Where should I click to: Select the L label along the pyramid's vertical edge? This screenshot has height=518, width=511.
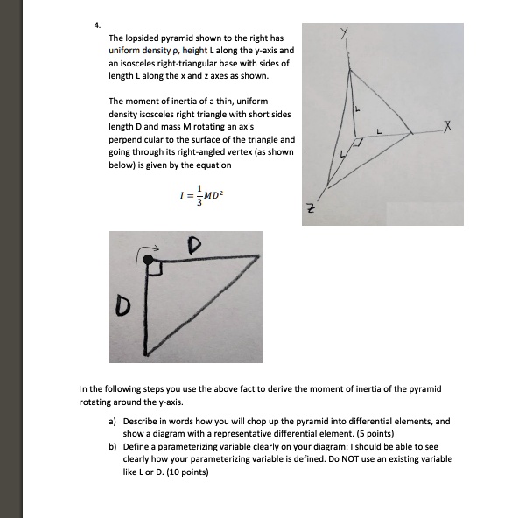pos(357,108)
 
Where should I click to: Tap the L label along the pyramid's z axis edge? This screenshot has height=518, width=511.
pos(343,155)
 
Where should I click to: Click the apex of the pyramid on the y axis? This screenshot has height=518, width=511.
pos(350,68)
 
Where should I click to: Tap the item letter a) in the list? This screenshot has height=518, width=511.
pos(113,421)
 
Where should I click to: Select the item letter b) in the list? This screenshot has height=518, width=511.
pos(113,446)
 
